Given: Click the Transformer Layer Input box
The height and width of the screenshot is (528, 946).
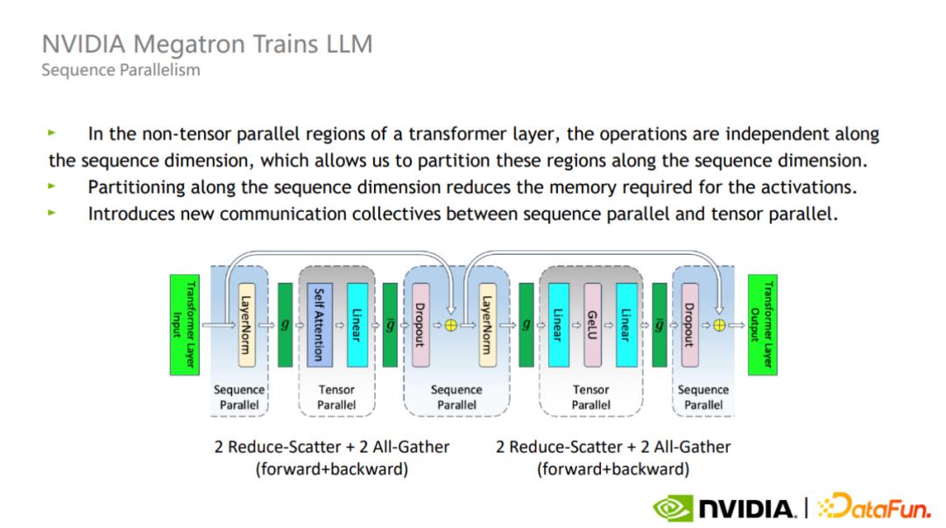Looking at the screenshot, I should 185,325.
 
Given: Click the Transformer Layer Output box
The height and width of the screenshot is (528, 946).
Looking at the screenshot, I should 761,325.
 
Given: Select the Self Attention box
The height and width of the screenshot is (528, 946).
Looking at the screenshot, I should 318,324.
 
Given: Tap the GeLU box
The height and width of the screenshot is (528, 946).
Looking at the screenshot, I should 592,324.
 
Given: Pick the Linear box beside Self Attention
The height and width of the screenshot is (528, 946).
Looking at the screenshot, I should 357,324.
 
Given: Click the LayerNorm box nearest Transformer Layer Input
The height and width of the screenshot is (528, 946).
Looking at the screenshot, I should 246,324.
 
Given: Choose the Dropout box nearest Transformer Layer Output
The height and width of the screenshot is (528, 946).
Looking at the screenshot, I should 689,324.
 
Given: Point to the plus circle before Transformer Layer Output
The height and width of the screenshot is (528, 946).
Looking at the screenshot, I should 718,324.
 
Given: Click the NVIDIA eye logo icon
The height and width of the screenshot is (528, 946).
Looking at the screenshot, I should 674,507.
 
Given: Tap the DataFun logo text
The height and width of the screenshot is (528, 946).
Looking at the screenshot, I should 876,506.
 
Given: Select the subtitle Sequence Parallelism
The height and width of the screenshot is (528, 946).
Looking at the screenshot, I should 120,69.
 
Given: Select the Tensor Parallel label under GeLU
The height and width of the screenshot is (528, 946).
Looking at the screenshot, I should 590,398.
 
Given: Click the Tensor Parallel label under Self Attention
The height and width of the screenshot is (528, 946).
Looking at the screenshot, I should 336,398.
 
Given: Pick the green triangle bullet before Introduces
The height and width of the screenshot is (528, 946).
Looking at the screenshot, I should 53,213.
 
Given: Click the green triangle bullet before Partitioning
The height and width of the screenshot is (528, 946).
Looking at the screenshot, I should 53,186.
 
